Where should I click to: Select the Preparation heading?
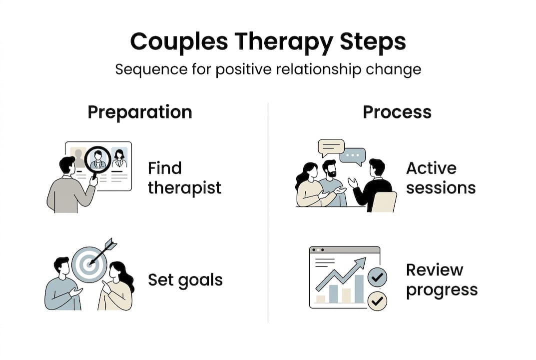point(139,111)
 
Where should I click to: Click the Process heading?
point(397,111)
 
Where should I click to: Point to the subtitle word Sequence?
point(149,69)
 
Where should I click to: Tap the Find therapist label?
point(184,178)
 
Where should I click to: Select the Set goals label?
point(185,280)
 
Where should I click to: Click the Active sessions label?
point(440,178)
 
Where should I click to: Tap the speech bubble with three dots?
point(353,156)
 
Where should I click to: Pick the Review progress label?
point(441,280)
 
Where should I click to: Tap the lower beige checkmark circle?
point(377,301)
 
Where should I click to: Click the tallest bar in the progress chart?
point(359,288)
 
